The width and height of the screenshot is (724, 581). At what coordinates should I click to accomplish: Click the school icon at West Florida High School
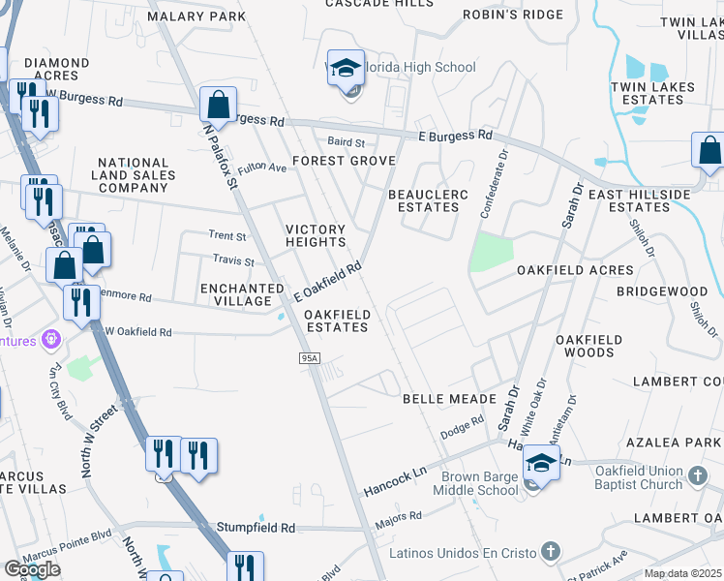[x=346, y=69]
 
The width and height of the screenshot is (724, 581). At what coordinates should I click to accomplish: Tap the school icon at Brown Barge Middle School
[x=541, y=464]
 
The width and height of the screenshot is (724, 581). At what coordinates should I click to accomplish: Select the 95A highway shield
[x=309, y=358]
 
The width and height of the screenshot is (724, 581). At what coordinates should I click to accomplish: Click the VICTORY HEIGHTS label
[x=316, y=236]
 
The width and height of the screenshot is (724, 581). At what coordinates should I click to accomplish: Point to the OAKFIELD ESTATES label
[x=337, y=321]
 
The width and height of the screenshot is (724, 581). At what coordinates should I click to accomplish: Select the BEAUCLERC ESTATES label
[x=428, y=200]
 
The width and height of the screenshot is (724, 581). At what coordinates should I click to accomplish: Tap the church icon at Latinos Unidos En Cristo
[x=550, y=552]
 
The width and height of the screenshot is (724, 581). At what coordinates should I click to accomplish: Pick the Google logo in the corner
[x=32, y=569]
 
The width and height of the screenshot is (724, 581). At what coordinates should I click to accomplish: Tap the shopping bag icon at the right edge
[x=709, y=150]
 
